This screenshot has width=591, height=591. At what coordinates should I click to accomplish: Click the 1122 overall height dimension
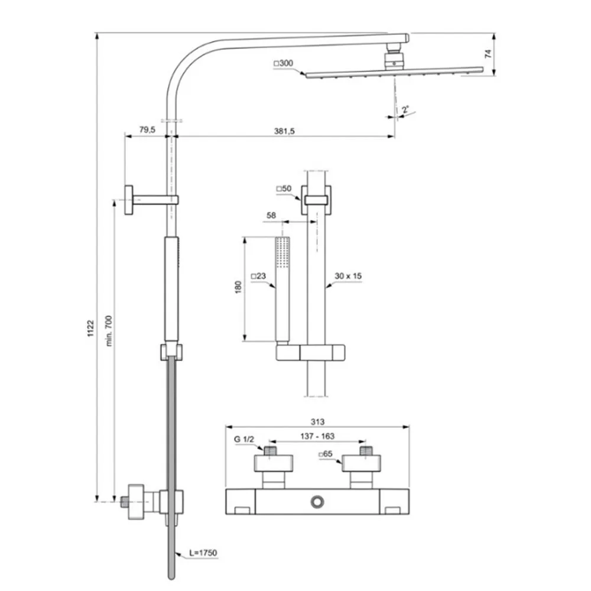[x=90, y=328]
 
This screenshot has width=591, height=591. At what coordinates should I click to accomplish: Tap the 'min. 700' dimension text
[x=109, y=330]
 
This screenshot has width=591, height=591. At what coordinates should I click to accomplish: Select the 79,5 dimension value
[x=147, y=129]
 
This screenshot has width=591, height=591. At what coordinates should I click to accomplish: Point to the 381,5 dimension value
[x=284, y=131]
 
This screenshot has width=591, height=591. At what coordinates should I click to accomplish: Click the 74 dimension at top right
[x=488, y=54]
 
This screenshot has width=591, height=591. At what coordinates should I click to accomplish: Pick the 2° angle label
[x=405, y=110]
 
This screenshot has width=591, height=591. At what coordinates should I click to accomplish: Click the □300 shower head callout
[x=283, y=63]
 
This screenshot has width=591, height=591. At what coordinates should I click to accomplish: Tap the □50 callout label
[x=284, y=189]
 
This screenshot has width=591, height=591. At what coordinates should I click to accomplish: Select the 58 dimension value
[x=271, y=215]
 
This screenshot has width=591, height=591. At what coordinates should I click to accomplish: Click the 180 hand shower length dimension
[x=238, y=287]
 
